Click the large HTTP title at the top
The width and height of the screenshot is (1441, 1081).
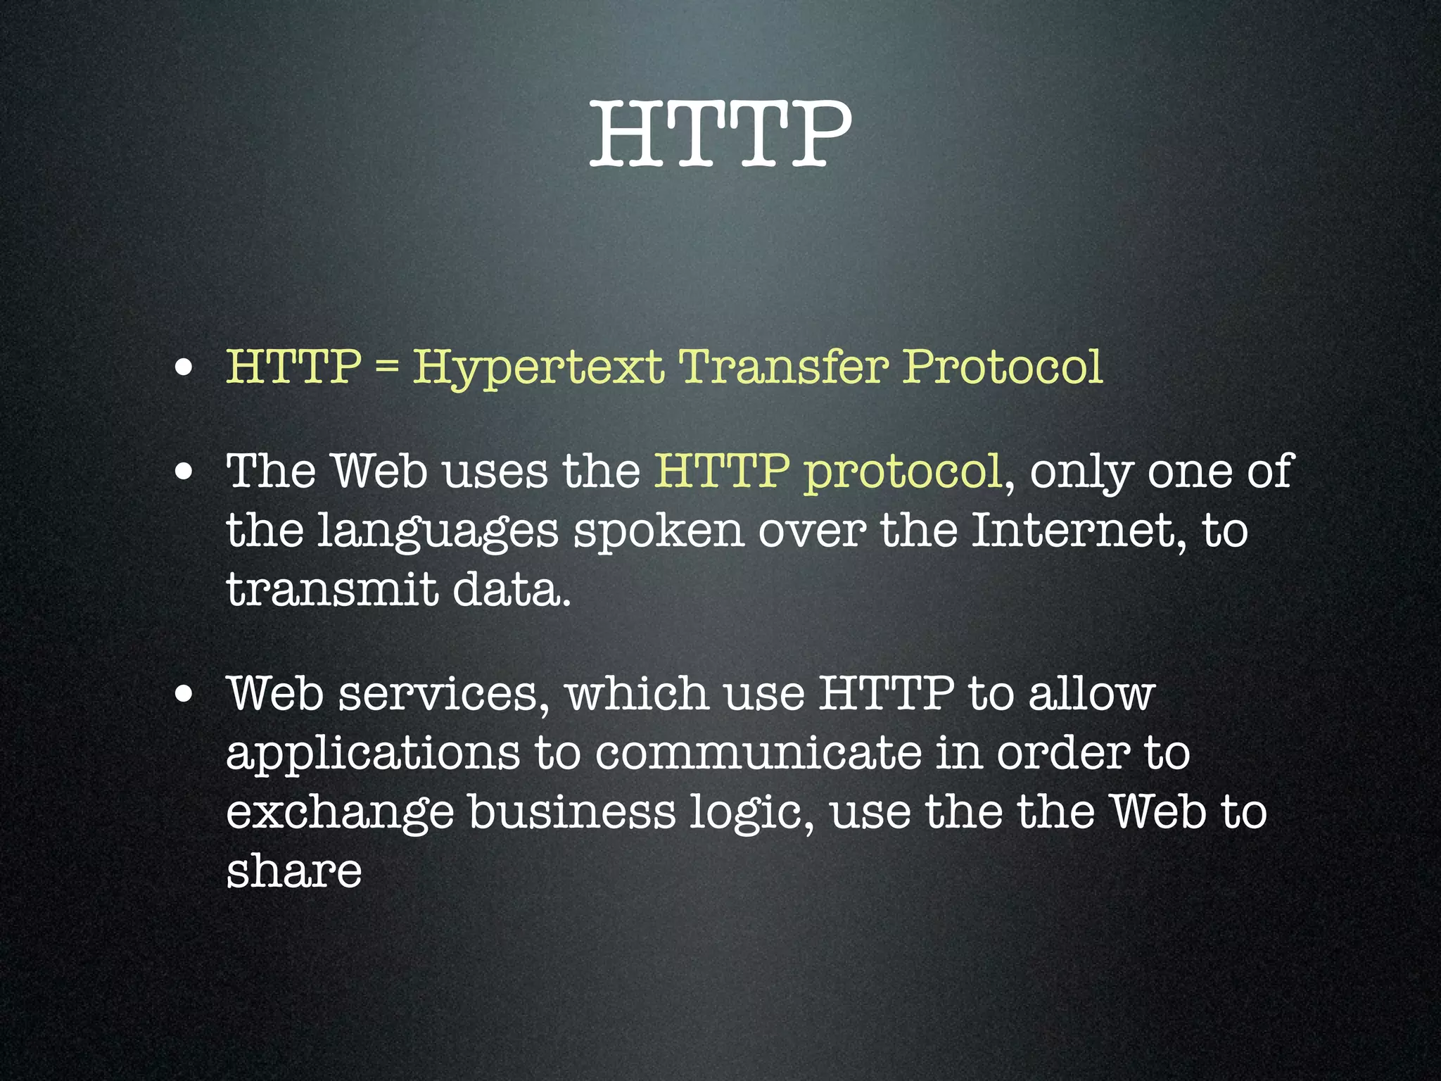click(x=720, y=134)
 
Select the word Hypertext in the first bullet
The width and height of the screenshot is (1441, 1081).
click(x=538, y=367)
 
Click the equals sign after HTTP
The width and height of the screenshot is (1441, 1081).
click(x=386, y=367)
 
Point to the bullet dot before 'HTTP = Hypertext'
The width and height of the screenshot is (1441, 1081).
click(x=184, y=369)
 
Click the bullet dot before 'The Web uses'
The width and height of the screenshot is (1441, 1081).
click(x=184, y=472)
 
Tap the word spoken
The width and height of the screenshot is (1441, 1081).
click(x=659, y=531)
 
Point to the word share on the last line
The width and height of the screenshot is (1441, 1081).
click(x=294, y=871)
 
